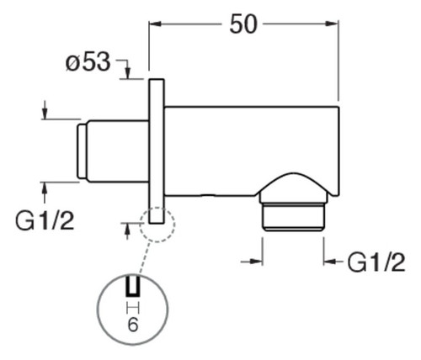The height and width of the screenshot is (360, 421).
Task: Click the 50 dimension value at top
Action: (x=243, y=24)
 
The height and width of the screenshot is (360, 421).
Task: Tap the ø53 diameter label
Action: (x=88, y=61)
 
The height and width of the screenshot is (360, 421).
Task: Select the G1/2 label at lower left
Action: (x=45, y=220)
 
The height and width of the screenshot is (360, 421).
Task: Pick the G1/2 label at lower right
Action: (x=376, y=262)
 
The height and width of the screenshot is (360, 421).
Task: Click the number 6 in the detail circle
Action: (x=133, y=325)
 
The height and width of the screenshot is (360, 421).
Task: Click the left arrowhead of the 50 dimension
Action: (x=155, y=24)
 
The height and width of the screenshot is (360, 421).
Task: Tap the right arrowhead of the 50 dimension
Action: (x=332, y=24)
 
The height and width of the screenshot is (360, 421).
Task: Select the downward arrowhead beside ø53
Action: (x=127, y=73)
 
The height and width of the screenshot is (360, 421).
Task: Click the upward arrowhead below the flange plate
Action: (x=127, y=230)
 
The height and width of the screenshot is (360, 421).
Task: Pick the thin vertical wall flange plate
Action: (x=157, y=151)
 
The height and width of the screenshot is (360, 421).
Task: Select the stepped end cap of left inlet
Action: (x=82, y=151)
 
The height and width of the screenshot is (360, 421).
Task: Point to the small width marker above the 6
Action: (x=133, y=308)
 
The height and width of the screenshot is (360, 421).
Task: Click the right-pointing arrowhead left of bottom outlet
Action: (x=256, y=262)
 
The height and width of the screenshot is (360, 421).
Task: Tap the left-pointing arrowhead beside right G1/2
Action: (x=330, y=262)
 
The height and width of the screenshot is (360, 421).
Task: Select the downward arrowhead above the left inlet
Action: (x=45, y=114)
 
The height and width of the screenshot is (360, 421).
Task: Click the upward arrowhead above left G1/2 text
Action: (x=45, y=188)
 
